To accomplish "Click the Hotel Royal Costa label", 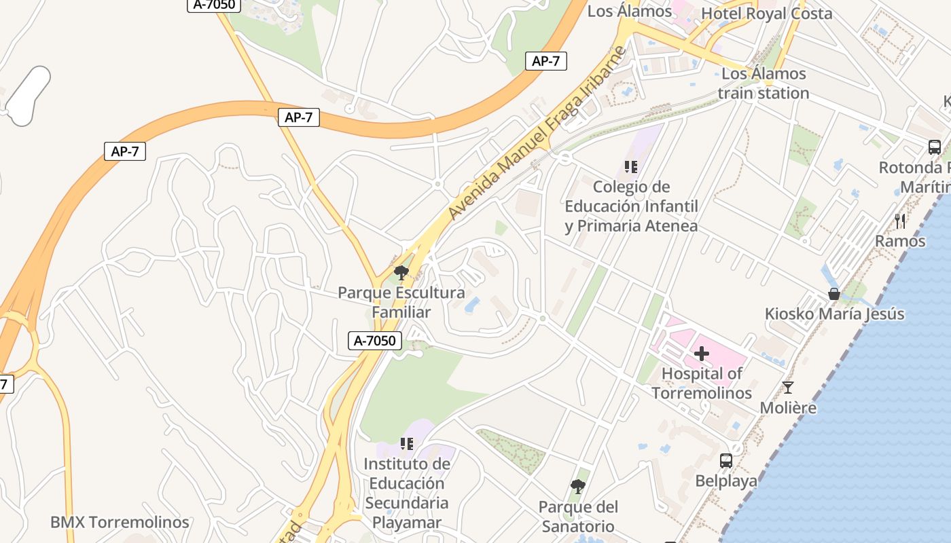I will tap(766, 14).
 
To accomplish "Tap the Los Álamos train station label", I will tap(764, 83).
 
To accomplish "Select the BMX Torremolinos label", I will tap(120, 523).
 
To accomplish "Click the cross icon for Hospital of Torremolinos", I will tap(702, 354).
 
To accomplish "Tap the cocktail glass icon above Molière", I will tap(787, 388).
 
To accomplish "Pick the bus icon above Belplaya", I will tap(725, 461).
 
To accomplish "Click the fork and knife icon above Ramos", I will tap(900, 221).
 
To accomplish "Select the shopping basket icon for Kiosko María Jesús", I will tap(834, 294).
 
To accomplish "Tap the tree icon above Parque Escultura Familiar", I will tap(401, 273).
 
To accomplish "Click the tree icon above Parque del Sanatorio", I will tap(578, 487).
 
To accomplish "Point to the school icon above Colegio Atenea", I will tap(631, 166).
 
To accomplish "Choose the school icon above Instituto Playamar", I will tap(407, 444).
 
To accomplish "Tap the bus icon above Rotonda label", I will tap(935, 147).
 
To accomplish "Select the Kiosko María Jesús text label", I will tap(834, 314).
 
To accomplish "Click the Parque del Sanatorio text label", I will tap(578, 517).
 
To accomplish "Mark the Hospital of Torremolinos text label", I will tap(702, 383).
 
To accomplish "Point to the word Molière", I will tap(788, 408).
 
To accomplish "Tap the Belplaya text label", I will tap(725, 481).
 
